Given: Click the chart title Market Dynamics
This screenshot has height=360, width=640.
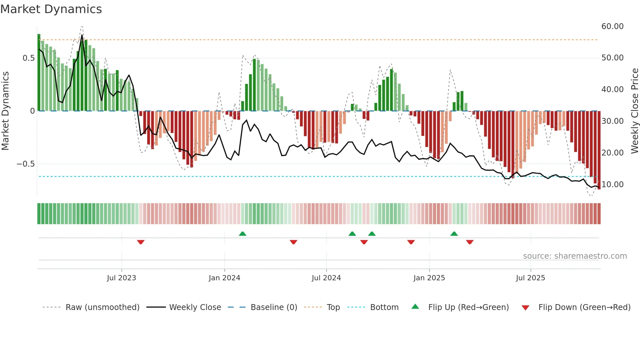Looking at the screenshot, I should tap(51, 9).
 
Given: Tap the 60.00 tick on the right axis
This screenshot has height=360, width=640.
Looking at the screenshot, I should tap(612, 26).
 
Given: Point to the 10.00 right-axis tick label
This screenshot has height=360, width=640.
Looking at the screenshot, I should tap(612, 185).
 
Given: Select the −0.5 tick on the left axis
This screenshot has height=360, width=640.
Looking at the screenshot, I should tap(25, 164).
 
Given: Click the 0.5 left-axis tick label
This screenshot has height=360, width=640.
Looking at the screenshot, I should tap(28, 58).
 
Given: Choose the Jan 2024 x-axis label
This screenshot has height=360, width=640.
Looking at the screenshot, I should tap(224, 278).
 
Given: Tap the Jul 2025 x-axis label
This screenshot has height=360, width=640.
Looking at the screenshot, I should tap(530, 278).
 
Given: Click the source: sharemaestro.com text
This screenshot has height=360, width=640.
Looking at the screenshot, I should tap(575, 256).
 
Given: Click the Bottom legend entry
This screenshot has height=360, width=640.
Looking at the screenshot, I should tap(384, 307).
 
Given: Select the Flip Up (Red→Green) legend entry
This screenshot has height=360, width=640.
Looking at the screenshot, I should tap(468, 307).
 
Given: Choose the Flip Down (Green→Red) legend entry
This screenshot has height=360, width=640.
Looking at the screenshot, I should tap(584, 307).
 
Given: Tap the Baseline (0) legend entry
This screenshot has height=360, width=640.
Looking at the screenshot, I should tap(274, 307).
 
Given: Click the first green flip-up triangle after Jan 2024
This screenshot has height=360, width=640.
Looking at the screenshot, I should tap(242, 234).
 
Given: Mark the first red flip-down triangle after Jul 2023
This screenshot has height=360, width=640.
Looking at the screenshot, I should tap(141, 242).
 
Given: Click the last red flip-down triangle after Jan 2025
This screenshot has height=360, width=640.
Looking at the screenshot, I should tap(470, 242).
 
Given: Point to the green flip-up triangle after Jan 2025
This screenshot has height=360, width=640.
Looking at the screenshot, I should tap(454, 234).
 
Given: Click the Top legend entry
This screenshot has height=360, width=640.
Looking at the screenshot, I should tap(333, 307).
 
